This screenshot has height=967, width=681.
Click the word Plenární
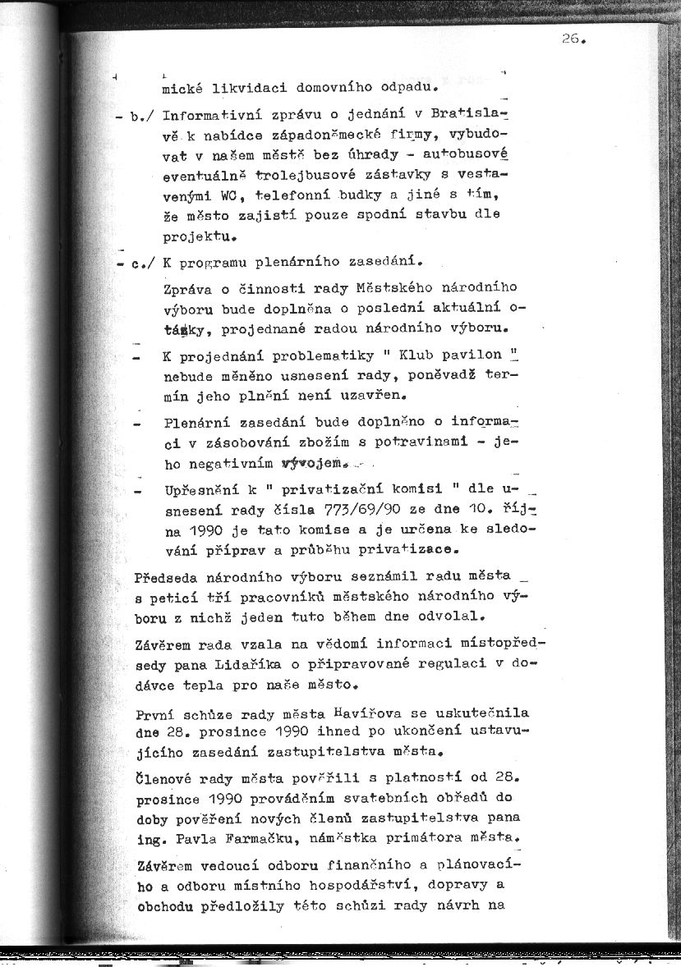pyautogui.click(x=197, y=422)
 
